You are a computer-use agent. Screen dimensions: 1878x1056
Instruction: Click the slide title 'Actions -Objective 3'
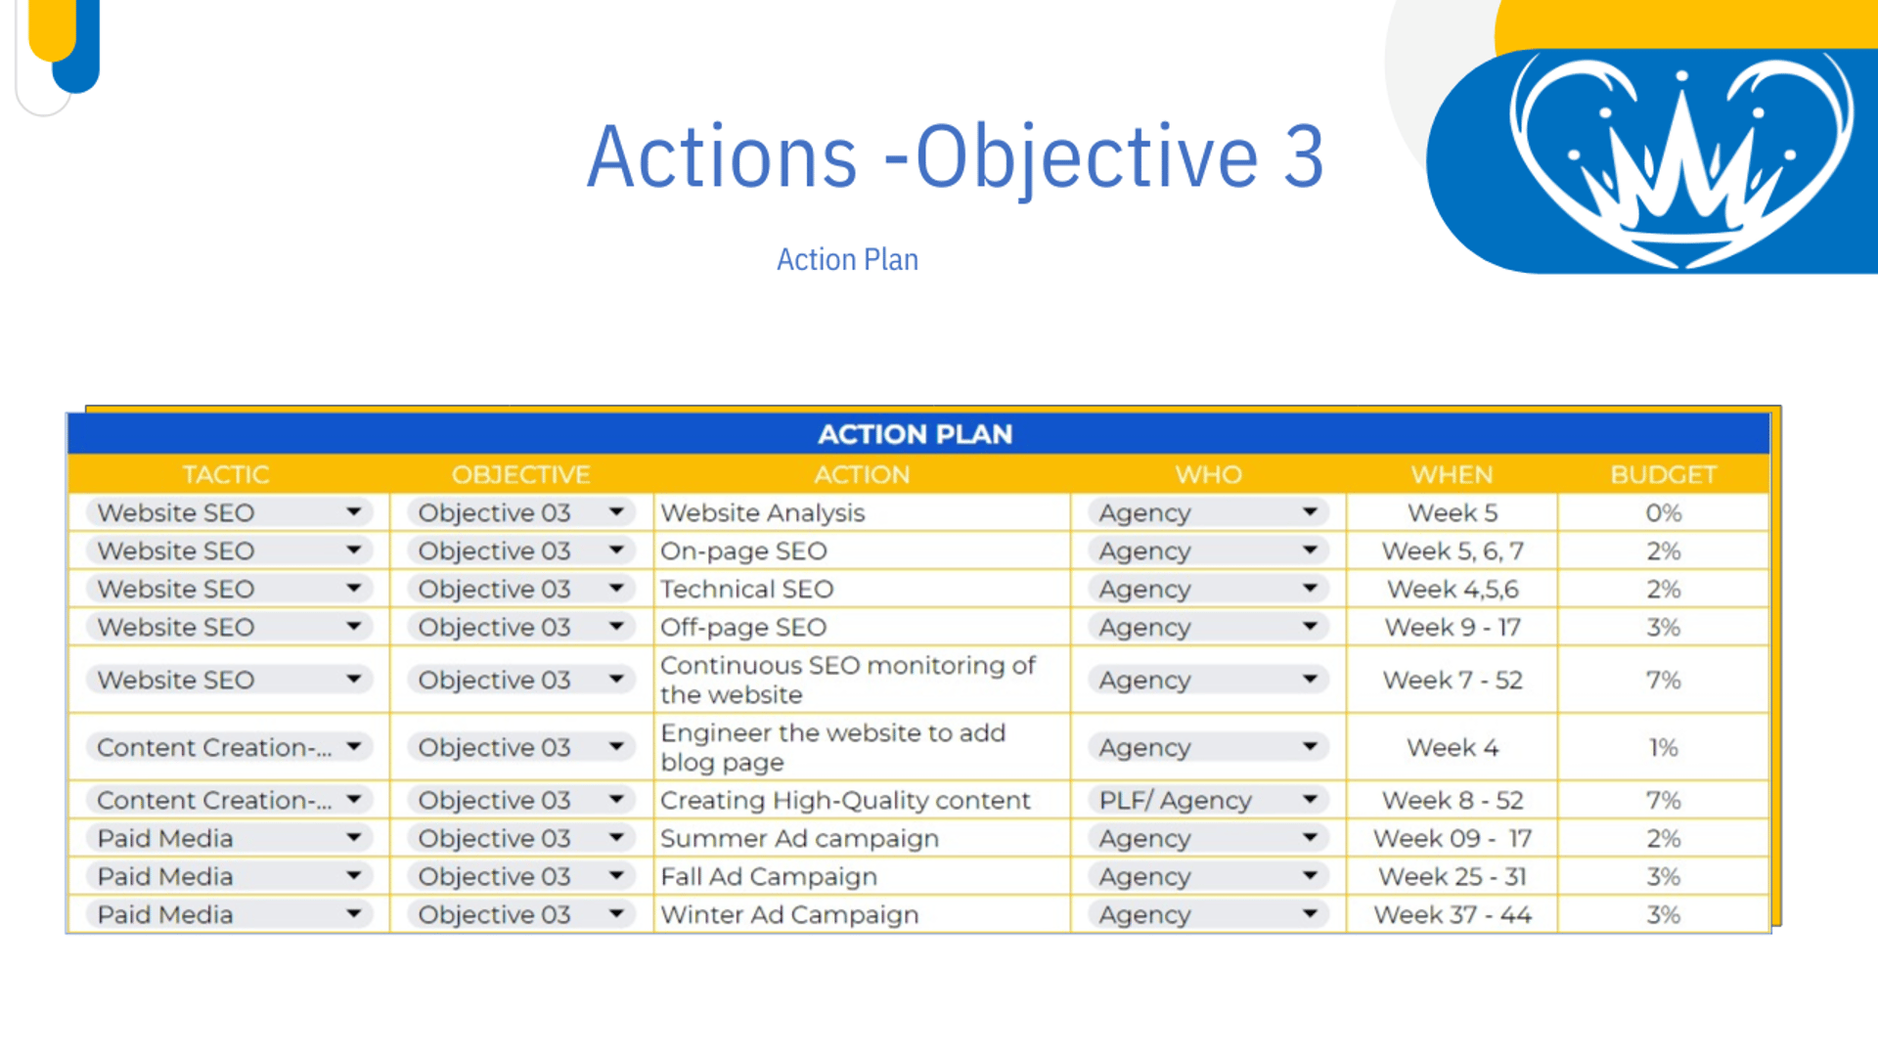coord(955,157)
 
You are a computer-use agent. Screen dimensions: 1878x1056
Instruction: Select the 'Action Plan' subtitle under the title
coord(847,259)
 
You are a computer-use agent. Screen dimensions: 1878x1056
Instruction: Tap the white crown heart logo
coord(1680,159)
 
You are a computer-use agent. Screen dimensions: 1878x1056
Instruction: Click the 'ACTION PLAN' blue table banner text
coord(916,434)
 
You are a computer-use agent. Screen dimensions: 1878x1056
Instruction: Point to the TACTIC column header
coord(226,474)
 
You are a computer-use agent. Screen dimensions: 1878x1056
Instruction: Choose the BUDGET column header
coord(1663,474)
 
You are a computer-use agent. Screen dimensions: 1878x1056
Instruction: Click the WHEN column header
coord(1452,474)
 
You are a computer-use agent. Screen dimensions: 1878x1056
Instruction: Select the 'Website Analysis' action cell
coord(763,512)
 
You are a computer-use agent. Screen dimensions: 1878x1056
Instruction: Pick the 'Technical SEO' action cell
coord(747,589)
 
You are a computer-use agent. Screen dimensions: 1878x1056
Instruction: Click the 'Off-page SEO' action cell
coord(743,627)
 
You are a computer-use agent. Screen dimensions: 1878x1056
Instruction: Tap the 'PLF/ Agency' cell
coord(1175,800)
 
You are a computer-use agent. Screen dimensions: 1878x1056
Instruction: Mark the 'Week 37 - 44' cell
coord(1453,914)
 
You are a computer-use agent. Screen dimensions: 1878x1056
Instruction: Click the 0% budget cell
coord(1663,512)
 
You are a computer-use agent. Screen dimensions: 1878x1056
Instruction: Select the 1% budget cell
coord(1663,747)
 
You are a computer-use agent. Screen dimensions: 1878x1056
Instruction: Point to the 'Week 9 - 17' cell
coord(1453,627)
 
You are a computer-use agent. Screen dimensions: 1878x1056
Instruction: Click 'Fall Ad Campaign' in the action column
coord(769,876)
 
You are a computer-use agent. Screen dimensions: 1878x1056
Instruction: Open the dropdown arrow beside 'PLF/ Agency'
coord(1310,799)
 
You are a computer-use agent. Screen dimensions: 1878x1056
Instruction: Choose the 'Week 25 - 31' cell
coord(1453,876)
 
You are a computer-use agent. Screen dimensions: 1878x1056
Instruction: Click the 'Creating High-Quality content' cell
coord(845,800)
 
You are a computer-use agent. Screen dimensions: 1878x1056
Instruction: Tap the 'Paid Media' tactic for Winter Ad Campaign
coord(165,914)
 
